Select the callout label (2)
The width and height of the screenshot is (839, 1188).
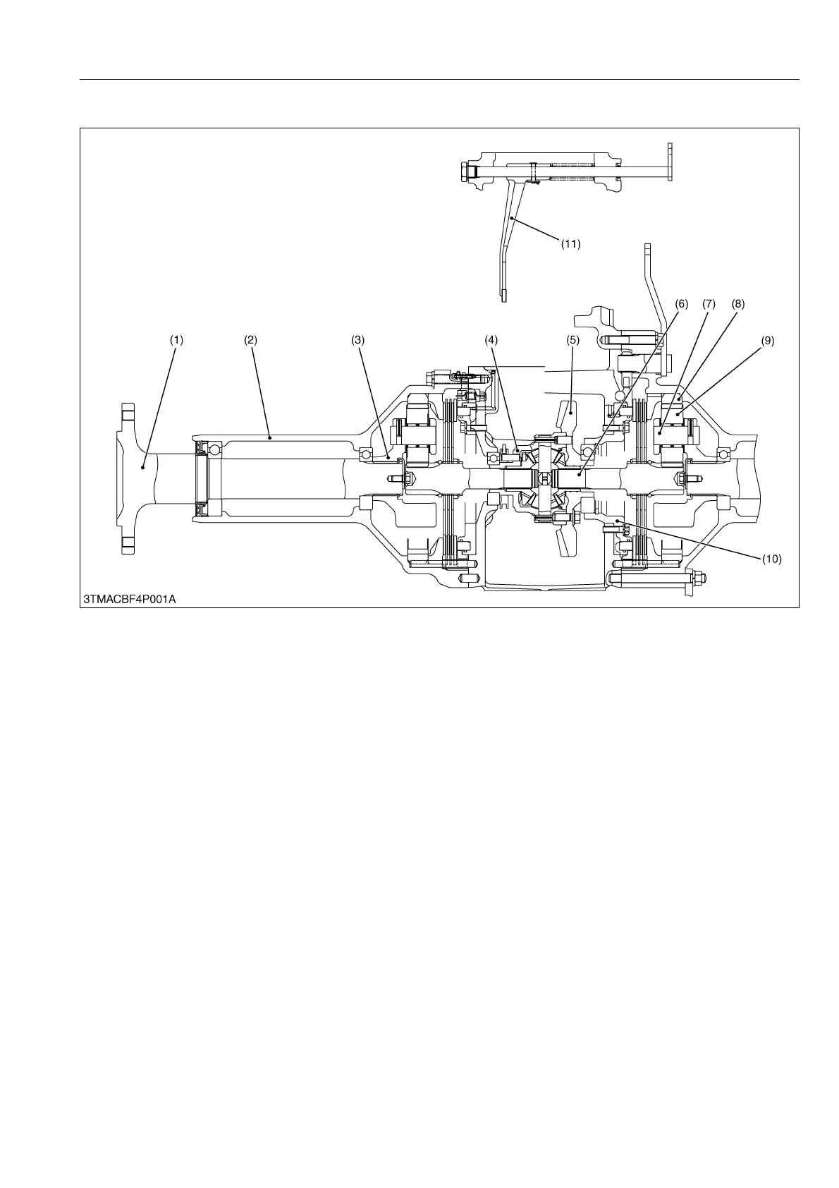click(251, 339)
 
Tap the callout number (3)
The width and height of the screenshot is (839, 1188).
click(358, 339)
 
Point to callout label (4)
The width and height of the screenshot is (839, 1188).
click(491, 339)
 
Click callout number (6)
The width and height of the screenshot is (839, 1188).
click(681, 304)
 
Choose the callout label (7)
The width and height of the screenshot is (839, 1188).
click(709, 304)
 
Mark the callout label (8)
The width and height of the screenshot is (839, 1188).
click(737, 304)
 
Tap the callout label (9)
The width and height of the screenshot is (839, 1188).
click(767, 339)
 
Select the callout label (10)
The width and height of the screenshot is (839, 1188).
click(771, 559)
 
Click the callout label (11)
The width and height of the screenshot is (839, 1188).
click(570, 244)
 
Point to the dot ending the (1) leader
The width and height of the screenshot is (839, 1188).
click(142, 466)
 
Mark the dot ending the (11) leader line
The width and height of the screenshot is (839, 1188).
click(513, 220)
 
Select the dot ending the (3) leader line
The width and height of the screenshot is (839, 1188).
click(387, 458)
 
